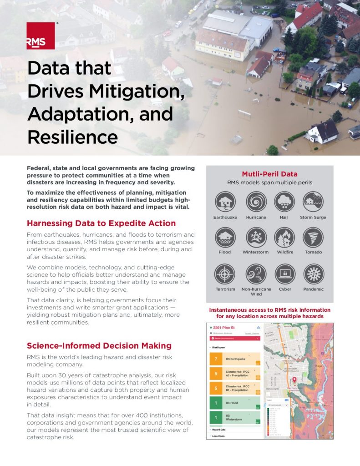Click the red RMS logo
(41, 36)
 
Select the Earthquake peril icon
(225, 202)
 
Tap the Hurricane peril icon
(256, 202)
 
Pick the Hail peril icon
(284, 202)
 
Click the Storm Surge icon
(313, 202)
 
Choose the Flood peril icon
(225, 238)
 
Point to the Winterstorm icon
(256, 238)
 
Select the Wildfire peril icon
(284, 238)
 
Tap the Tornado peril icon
(313, 238)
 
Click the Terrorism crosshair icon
(225, 274)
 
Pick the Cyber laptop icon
(284, 274)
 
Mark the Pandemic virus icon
(313, 274)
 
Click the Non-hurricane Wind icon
(256, 274)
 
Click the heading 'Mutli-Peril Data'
(269, 174)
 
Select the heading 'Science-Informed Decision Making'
(99, 346)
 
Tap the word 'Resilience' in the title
(72, 136)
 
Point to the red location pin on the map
(294, 380)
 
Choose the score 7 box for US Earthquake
(216, 359)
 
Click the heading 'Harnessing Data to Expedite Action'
(101, 223)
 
